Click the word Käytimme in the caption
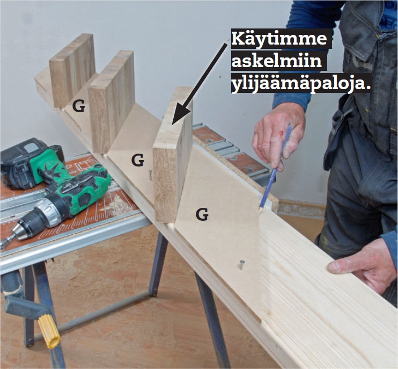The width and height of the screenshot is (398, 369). [x=279, y=39]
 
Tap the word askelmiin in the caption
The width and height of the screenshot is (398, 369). [x=277, y=61]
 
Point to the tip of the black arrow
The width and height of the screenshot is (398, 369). [x=173, y=124]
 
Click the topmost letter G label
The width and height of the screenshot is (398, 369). [x=78, y=106]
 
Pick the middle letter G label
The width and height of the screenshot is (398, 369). [x=138, y=160]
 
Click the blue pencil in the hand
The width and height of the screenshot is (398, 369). [x=275, y=168]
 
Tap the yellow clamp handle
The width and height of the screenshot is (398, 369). [x=49, y=331]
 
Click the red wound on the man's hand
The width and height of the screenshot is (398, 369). [x=281, y=133]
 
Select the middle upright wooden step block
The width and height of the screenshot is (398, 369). [x=112, y=101]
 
